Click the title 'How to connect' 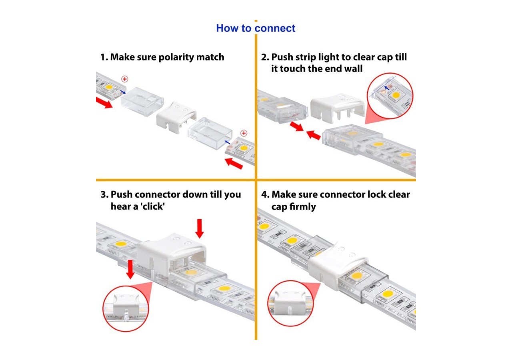pyautogui.click(x=256, y=28)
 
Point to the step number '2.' pyautogui.click(x=265, y=57)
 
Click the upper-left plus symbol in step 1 pyautogui.click(x=124, y=79)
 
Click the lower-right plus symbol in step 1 pyautogui.click(x=244, y=133)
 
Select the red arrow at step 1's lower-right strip pyautogui.click(x=234, y=163)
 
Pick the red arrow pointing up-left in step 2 pyautogui.click(x=314, y=135)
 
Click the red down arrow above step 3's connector pyautogui.click(x=200, y=228)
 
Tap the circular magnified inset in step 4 pyautogui.click(x=289, y=307)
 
